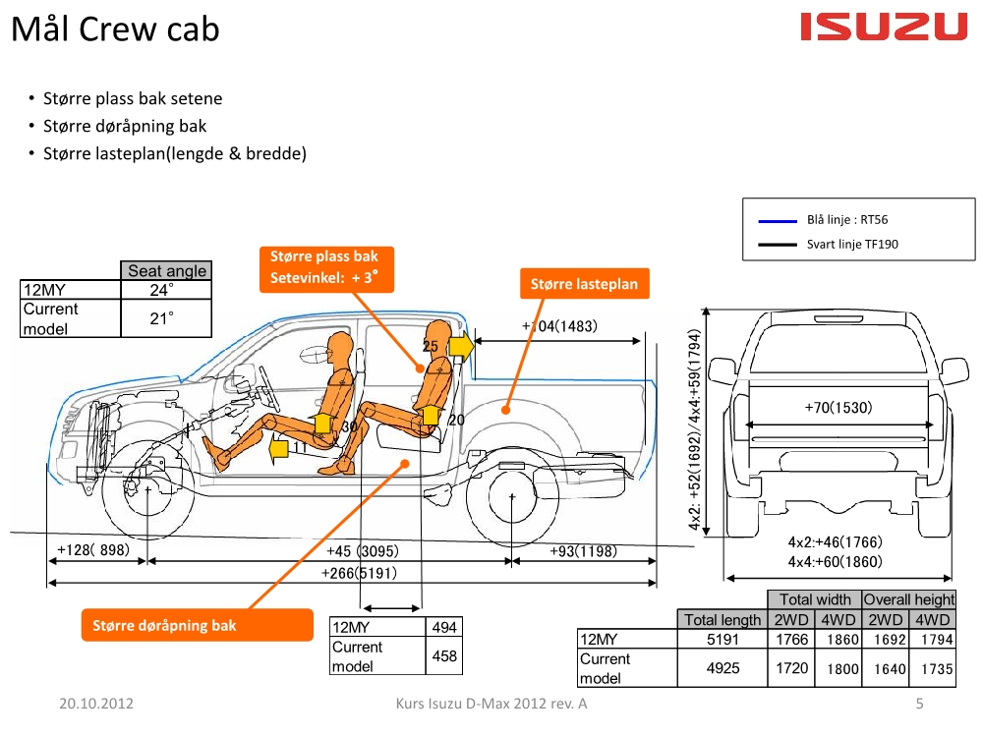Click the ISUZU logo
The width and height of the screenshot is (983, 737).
884,28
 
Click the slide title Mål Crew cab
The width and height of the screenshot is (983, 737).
115,29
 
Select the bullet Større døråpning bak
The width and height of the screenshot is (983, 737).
125,126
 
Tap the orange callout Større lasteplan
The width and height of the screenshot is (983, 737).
584,284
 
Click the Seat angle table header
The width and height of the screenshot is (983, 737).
167,270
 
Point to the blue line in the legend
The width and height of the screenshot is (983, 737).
779,221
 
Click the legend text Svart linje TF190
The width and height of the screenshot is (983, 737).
852,244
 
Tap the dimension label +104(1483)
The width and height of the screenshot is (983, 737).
559,325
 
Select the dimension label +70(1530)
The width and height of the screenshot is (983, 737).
838,407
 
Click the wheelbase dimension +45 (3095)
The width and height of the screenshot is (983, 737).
363,551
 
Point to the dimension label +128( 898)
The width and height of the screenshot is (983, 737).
92,550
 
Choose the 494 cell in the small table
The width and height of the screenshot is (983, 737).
444,627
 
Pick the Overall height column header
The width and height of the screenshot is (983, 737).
908,598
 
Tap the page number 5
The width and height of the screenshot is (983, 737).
920,704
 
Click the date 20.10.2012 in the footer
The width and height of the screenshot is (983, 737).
95,704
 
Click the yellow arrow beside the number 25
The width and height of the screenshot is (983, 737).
460,346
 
